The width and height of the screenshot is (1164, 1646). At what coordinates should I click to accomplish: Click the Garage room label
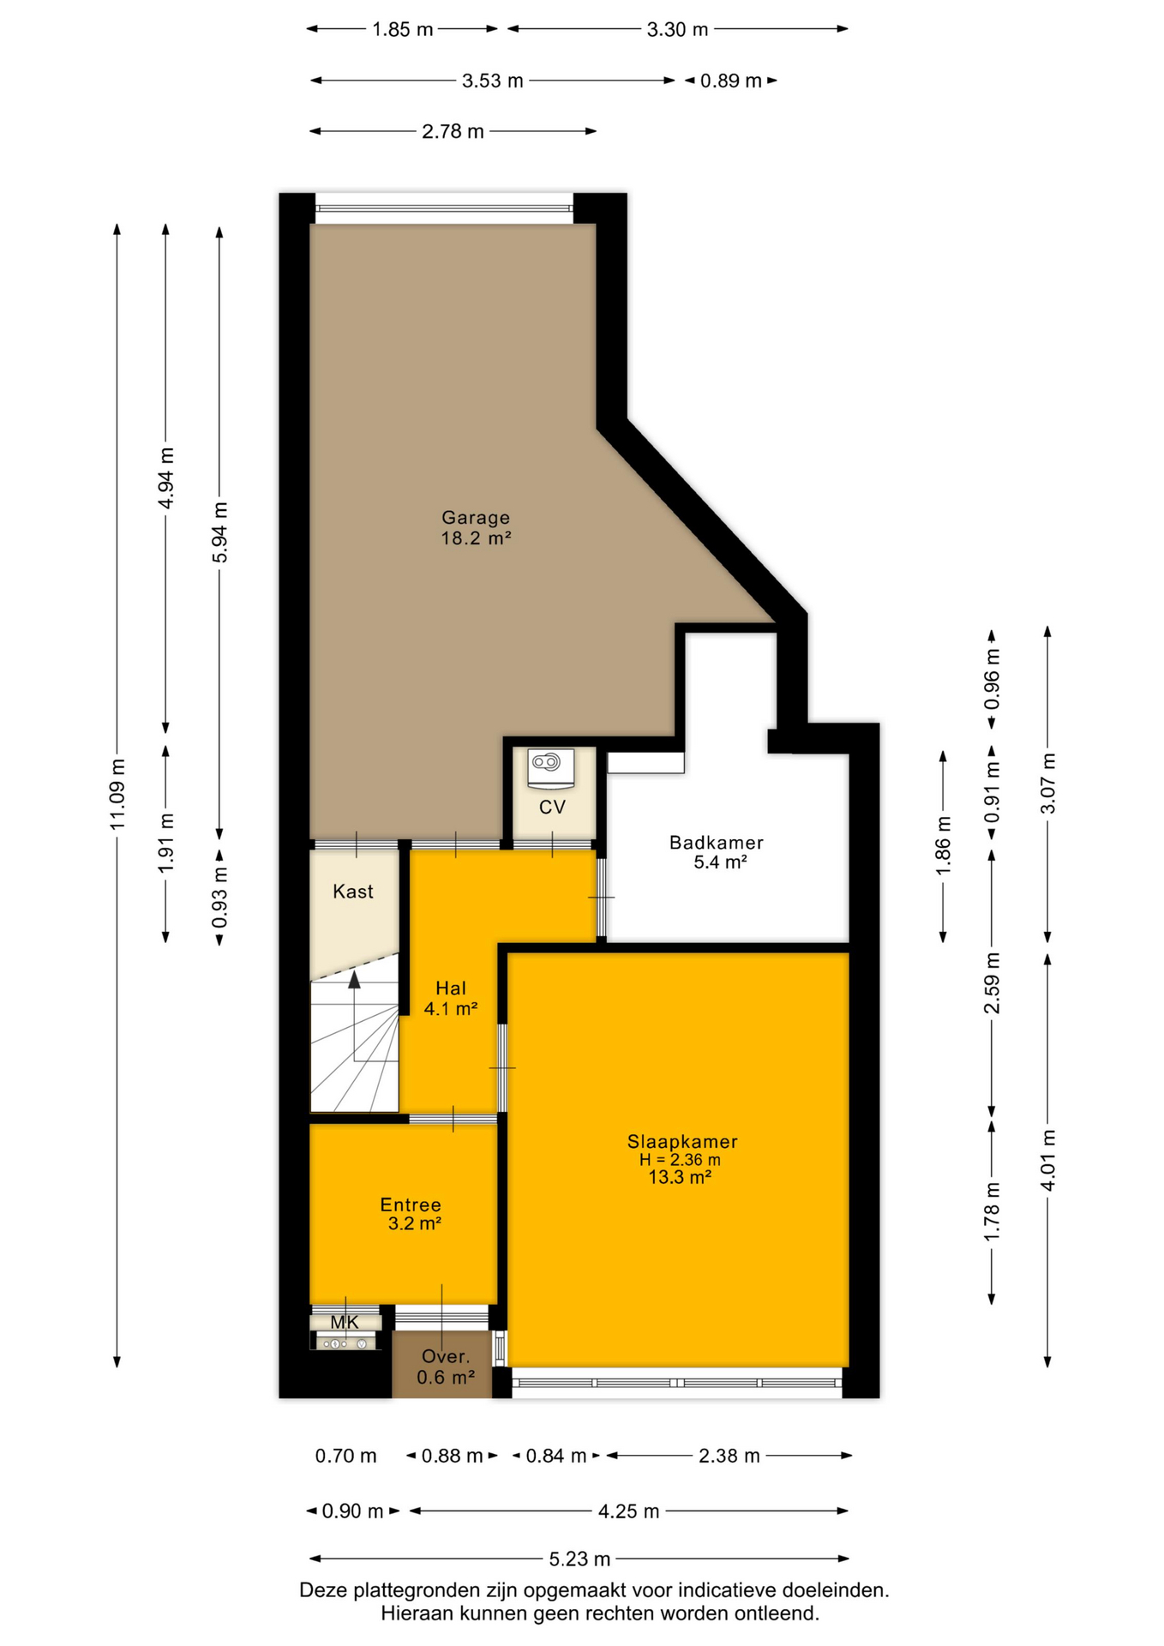(476, 518)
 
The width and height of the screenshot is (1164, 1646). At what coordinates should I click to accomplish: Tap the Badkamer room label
(717, 843)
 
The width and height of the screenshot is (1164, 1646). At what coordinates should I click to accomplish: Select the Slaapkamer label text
(682, 1142)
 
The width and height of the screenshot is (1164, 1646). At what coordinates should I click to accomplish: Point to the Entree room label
(411, 1205)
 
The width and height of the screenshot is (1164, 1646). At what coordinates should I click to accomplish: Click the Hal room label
(451, 988)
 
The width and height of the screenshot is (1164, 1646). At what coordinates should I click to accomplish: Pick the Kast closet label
(353, 892)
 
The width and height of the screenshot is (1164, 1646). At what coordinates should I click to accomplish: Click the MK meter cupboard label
(345, 1323)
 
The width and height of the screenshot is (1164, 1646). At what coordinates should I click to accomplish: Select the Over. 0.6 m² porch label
(446, 1367)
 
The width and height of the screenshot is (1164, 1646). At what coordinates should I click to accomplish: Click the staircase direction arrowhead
(354, 979)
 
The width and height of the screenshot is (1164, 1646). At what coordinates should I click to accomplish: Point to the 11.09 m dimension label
(118, 794)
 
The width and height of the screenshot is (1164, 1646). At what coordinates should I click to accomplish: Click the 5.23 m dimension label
(580, 1559)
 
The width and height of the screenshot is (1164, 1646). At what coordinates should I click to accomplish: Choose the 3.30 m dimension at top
(678, 29)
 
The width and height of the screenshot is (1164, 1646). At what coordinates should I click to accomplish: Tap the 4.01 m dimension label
(1047, 1160)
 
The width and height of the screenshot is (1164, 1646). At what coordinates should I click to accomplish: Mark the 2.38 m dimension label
(729, 1456)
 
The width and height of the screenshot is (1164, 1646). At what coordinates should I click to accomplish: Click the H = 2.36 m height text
(680, 1160)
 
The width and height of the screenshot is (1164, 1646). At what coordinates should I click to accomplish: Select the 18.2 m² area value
(477, 538)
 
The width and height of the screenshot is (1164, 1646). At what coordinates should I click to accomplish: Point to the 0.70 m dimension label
(346, 1456)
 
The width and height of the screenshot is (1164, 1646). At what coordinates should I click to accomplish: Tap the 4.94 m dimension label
(166, 478)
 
